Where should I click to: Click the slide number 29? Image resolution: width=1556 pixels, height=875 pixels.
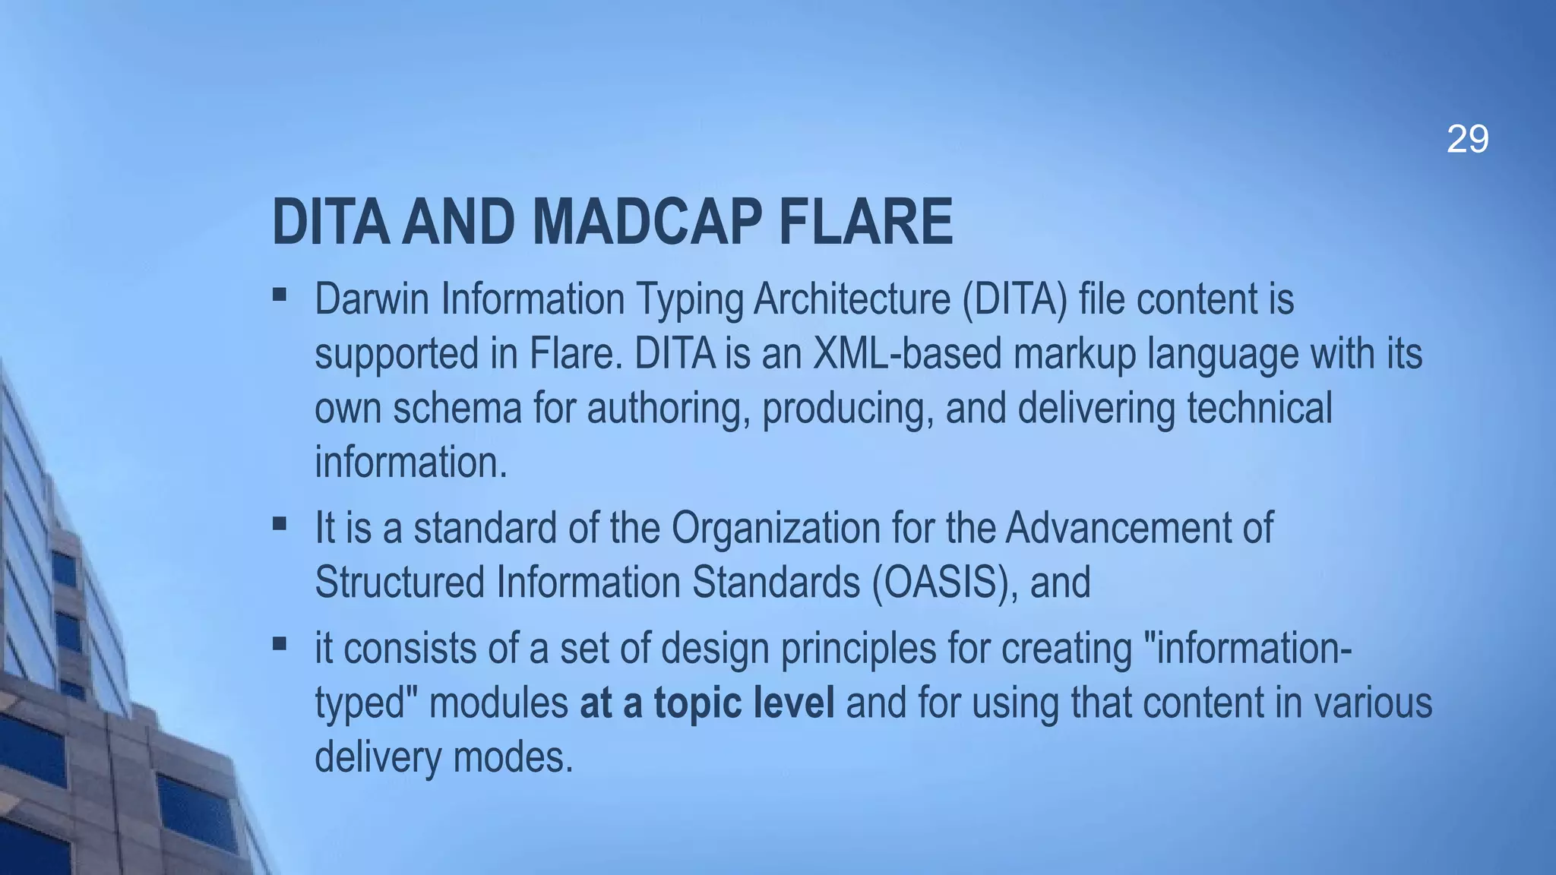coord(1467,140)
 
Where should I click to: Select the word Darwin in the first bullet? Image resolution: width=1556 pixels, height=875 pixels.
coord(372,299)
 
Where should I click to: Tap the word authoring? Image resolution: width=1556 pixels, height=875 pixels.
coord(669,408)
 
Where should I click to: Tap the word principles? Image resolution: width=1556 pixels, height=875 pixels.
coord(858,648)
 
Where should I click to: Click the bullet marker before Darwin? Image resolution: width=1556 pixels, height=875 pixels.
coord(279,294)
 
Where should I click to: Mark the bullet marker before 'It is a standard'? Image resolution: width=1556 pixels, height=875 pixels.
coord(279,523)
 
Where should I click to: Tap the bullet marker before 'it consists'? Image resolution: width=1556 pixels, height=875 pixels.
coord(279,644)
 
